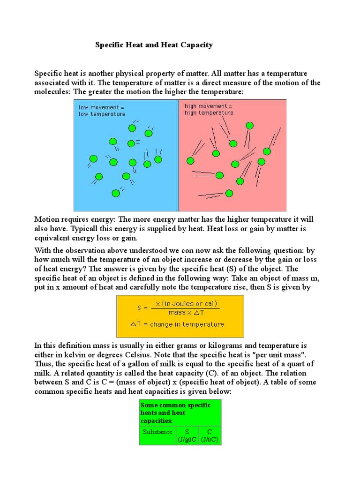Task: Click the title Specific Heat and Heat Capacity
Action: (x=154, y=45)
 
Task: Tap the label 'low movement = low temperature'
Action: (x=102, y=110)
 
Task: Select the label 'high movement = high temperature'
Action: (x=209, y=109)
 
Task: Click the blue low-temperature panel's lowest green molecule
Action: (x=115, y=193)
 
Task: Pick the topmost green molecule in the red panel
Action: (x=249, y=126)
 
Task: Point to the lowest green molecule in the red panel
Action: (x=229, y=193)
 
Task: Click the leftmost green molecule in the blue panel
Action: (x=93, y=158)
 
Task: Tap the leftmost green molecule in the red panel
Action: (x=190, y=161)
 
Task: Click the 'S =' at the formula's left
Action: (x=143, y=308)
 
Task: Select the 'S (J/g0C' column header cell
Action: (x=186, y=435)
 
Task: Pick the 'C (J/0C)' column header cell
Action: (x=209, y=435)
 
